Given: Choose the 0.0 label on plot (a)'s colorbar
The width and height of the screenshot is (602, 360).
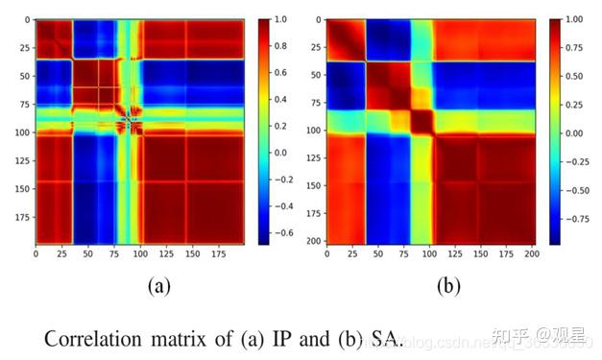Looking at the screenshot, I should pos(280,152).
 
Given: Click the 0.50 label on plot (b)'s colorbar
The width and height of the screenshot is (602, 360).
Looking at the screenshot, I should pos(572,75).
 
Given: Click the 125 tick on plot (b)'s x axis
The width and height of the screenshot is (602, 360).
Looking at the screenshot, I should pos(448,254).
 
